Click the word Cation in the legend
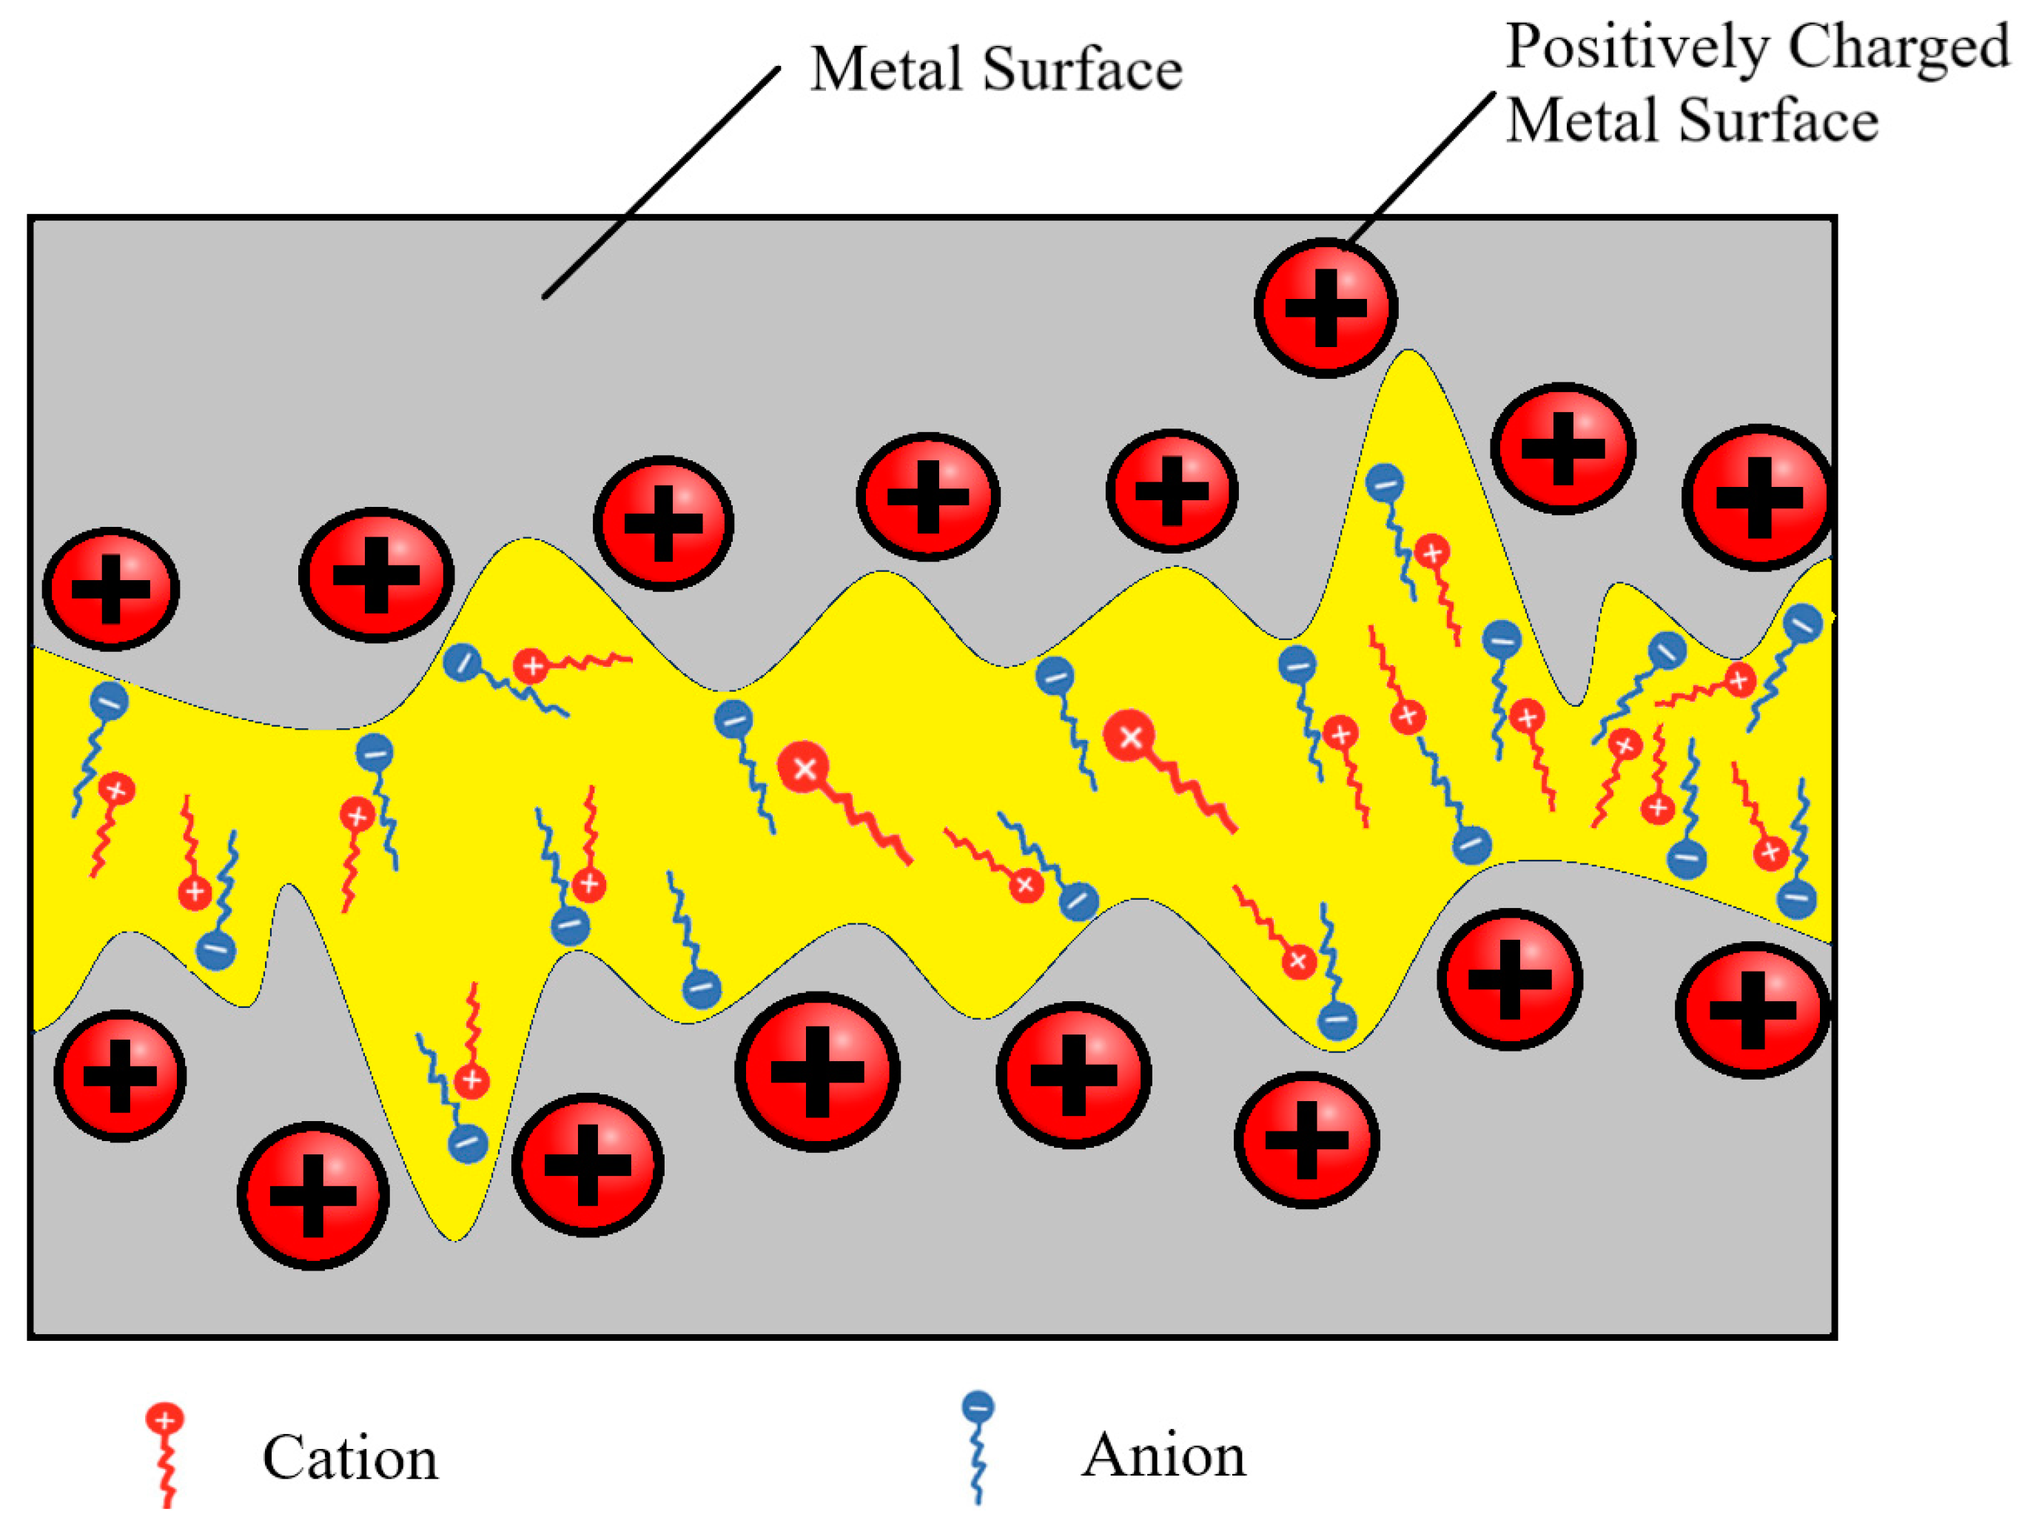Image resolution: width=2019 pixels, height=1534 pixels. click(x=350, y=1459)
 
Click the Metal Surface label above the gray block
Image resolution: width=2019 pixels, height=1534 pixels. click(x=996, y=70)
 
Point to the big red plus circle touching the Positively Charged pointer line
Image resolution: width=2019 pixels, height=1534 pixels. click(x=1326, y=308)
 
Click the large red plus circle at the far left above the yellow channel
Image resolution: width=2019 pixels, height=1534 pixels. click(x=110, y=589)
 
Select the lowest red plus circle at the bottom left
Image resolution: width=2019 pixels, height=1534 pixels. click(x=313, y=1195)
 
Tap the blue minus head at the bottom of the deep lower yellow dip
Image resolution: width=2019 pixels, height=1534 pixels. click(x=468, y=1143)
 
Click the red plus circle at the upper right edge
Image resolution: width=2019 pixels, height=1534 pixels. click(x=1758, y=497)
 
